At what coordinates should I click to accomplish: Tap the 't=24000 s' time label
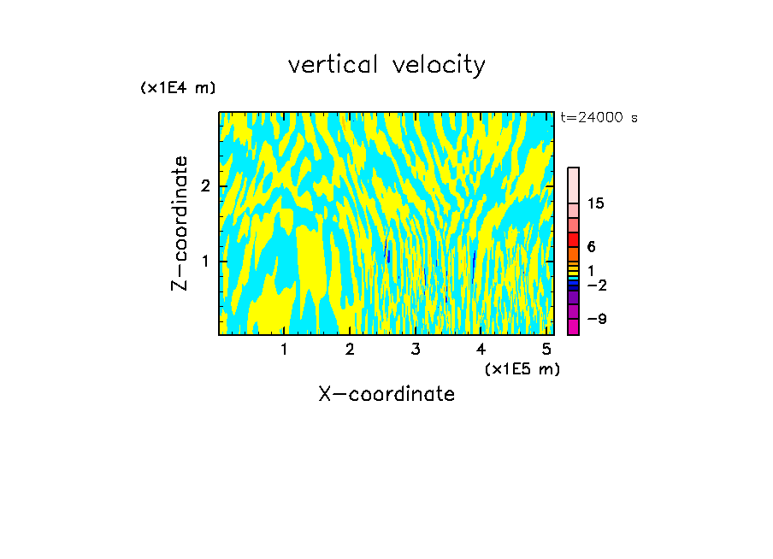599,118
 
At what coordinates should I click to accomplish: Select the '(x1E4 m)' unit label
178,88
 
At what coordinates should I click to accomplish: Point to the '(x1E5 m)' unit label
522,368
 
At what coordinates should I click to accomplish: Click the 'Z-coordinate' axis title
180,223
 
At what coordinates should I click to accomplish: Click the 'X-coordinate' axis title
386,394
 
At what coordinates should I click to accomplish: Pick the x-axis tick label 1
285,349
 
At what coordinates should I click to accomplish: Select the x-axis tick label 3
416,349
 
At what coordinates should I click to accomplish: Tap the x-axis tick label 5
547,349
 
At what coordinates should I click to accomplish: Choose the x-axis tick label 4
481,349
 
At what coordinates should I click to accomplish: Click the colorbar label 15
596,203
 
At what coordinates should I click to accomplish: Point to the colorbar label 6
591,246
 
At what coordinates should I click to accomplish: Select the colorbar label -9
597,319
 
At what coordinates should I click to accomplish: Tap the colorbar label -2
597,285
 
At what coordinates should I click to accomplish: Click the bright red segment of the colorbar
574,240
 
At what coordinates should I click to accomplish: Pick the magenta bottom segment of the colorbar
574,327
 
